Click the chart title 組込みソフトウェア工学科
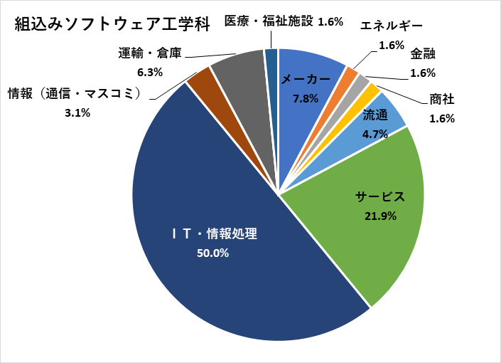[x=112, y=24]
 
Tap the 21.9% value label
[x=380, y=215]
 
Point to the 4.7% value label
[x=375, y=132]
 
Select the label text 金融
[x=423, y=54]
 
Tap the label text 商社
[x=442, y=100]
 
